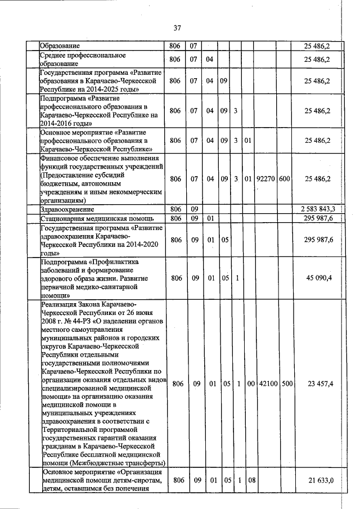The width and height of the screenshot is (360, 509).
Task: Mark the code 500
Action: pyautogui.click(x=286, y=384)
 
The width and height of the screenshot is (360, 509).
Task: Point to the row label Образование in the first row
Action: pyautogui.click(x=59, y=45)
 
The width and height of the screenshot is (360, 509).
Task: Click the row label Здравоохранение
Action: pyautogui.click(x=66, y=209)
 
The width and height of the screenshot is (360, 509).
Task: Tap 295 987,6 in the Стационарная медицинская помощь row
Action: pyautogui.click(x=318, y=218)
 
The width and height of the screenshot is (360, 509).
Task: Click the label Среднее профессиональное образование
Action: pyautogui.click(x=82, y=60)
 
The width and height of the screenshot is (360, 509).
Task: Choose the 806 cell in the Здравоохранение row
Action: pyautogui.click(x=175, y=209)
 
